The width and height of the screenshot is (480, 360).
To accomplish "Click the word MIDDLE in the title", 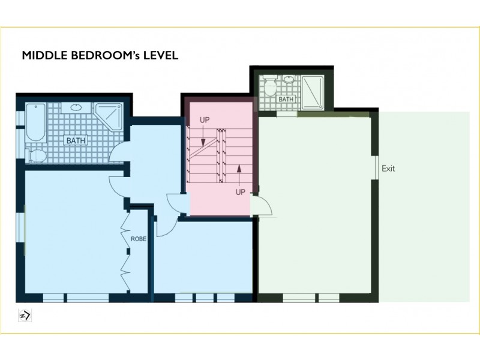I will (x=42, y=56).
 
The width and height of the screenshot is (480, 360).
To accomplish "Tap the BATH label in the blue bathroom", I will (x=76, y=141).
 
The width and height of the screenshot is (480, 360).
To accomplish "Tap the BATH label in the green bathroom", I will (x=286, y=99).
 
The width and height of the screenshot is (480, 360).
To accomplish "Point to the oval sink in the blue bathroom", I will (x=77, y=109).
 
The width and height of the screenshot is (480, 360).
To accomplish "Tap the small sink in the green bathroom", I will (x=290, y=80).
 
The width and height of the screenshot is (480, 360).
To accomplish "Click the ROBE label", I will (x=139, y=238).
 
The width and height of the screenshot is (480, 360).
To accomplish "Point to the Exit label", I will (x=389, y=169).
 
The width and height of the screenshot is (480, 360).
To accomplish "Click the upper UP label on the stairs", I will (x=205, y=120).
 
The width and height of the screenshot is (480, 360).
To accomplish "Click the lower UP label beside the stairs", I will (x=240, y=192).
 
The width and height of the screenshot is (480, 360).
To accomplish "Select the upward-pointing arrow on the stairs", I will (x=239, y=174).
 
